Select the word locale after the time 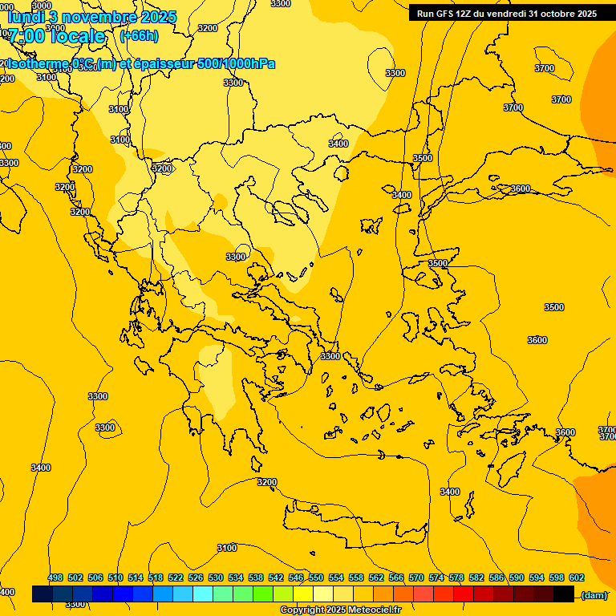78,36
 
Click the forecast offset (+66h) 139,36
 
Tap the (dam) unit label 594,594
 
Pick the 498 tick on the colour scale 55,577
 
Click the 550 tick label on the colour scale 316,577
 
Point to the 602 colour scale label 577,577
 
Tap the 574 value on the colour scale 436,577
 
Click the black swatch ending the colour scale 564,594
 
